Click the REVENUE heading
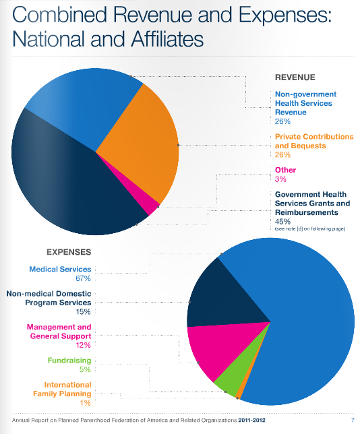coord(295,77)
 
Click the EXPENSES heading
coord(69,252)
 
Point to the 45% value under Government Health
coord(282,222)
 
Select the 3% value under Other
coord(280,179)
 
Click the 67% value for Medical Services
coord(83,278)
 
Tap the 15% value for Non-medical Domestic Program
coord(84,311)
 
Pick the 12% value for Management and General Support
coord(84,345)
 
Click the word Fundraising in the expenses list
coord(69,361)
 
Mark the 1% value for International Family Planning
coord(86,403)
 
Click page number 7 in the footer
coord(353,420)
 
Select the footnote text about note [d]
coord(310,229)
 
